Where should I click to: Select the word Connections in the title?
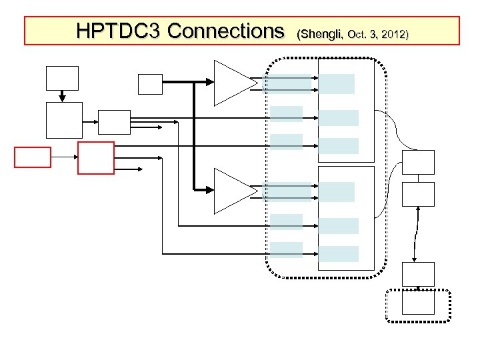coord(226,31)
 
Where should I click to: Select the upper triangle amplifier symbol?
coord(233,83)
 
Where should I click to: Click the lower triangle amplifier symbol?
coord(233,191)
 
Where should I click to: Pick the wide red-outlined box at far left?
coord(33,157)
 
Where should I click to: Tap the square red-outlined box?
coord(96,157)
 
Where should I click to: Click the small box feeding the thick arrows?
coord(149,83)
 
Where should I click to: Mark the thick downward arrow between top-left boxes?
coord(61,95)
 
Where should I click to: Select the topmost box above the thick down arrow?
coord(61,77)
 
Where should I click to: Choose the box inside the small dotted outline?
coord(418,303)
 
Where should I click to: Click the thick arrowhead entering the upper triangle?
coord(209,83)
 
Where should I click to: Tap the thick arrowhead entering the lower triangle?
coord(209,191)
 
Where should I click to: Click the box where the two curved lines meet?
coord(418,162)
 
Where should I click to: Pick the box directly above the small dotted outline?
coord(418,274)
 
